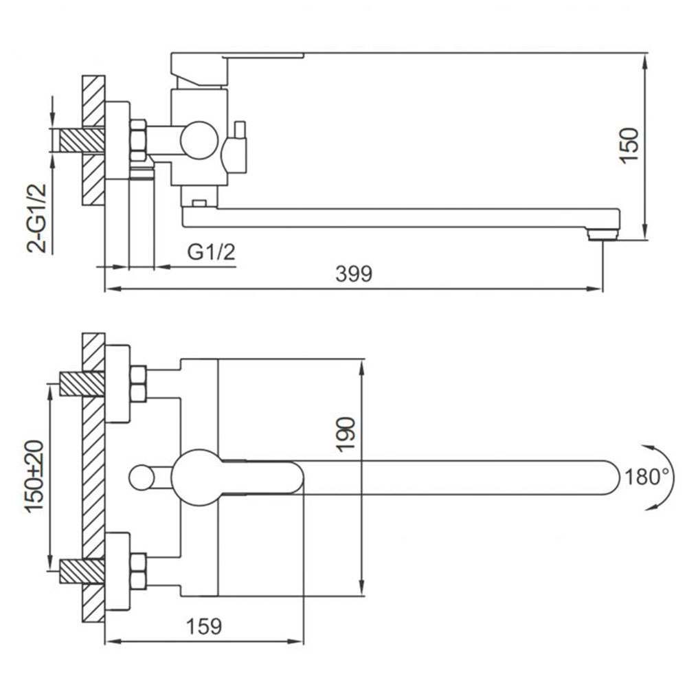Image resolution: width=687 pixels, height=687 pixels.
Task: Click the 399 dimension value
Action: (354, 274)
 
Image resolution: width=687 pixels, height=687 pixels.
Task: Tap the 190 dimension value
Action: (346, 433)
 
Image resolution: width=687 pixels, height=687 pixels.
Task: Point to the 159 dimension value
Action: (204, 627)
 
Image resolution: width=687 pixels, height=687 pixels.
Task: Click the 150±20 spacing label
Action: (34, 476)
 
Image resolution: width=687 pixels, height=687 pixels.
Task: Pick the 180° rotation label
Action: (647, 477)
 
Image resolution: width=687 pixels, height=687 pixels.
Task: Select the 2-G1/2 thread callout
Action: (37, 218)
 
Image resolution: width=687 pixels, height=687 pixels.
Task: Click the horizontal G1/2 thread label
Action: (211, 252)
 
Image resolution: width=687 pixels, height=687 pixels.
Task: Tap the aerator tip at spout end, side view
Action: (603, 236)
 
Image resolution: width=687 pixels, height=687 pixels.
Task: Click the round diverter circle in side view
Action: (199, 140)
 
